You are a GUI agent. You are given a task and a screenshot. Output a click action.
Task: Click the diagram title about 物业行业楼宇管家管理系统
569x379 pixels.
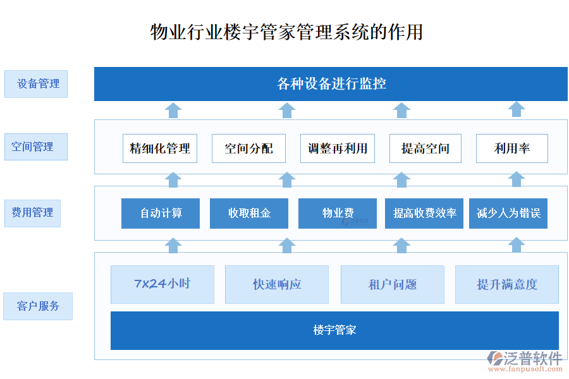[286, 32]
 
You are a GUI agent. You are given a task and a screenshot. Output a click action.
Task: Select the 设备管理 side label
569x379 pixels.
[36, 84]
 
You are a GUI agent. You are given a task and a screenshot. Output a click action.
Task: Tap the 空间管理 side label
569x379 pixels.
[36, 147]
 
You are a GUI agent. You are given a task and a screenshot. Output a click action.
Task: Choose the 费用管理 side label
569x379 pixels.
[33, 213]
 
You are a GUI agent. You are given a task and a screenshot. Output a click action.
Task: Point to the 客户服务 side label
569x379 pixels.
[38, 306]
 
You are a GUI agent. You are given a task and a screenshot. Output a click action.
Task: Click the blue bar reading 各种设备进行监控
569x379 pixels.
[331, 84]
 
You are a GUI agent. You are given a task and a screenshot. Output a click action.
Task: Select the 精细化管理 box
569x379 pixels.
[160, 148]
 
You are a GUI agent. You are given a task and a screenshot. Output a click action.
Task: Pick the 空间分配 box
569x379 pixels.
[248, 148]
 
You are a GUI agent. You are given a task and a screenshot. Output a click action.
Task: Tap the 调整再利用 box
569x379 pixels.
[338, 148]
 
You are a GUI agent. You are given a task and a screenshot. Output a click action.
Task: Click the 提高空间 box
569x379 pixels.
[425, 148]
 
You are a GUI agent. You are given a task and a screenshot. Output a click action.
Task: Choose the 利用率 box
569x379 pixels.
[511, 148]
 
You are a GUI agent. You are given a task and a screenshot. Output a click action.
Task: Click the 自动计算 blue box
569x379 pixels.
[161, 214]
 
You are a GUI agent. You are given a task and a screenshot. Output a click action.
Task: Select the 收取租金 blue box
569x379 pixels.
[249, 214]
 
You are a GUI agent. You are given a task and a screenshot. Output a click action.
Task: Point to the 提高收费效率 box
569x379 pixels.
[424, 214]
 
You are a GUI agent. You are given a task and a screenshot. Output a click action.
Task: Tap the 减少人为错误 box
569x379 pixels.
[508, 214]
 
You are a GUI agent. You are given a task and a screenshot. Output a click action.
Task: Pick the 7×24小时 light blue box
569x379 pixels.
[162, 284]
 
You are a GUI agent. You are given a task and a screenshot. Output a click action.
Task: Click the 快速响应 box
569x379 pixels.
[277, 284]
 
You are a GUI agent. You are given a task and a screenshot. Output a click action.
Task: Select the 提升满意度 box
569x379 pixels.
[507, 284]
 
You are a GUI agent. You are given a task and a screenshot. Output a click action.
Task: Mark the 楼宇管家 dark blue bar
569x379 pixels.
[334, 330]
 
